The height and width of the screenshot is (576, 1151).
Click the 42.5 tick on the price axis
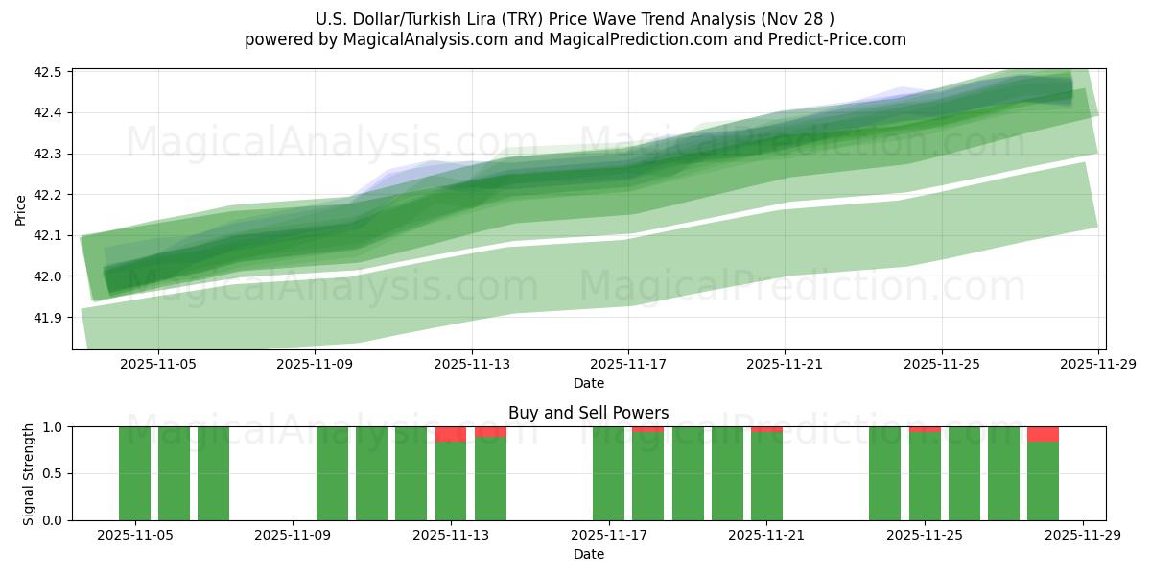[x=48, y=72]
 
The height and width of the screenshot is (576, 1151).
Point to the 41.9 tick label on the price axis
[x=48, y=317]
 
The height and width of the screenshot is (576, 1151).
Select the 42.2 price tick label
[x=48, y=195]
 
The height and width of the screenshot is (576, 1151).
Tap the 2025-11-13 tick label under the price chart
[x=471, y=364]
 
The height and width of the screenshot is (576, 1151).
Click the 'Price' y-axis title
[x=21, y=209]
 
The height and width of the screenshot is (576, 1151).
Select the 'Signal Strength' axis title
[x=29, y=473]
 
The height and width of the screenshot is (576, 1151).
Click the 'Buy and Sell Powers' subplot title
[x=588, y=413]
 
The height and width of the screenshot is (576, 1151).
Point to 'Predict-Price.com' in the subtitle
[x=831, y=39]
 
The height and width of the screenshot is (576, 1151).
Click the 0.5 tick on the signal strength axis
[x=54, y=473]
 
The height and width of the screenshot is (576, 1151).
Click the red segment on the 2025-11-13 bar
[x=451, y=434]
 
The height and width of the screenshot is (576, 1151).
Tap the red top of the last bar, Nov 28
[x=1043, y=434]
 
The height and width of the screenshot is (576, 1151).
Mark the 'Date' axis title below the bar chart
[x=588, y=554]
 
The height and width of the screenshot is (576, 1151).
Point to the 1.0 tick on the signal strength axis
[x=54, y=427]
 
